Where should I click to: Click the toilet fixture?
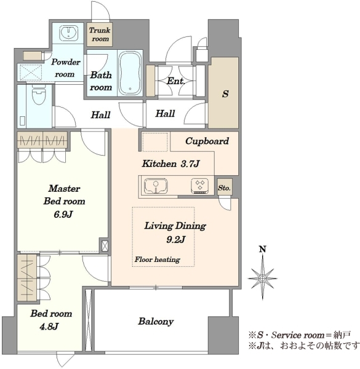tap(39, 95)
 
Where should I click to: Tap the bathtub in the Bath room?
tap(130, 73)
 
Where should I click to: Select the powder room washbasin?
tap(68, 32)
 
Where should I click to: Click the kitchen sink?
tap(156, 186)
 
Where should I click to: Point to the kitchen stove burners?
tap(200, 186)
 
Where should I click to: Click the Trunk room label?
tap(100, 34)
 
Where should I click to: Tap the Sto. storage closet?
tap(225, 187)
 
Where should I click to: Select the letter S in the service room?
tap(225, 94)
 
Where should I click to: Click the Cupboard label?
tap(207, 141)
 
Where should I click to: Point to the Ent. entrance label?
tap(176, 81)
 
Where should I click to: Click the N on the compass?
tap(263, 249)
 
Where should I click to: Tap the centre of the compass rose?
tap(262, 279)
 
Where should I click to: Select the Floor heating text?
tap(158, 260)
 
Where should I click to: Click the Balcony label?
tap(156, 322)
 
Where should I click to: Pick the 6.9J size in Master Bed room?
tap(63, 215)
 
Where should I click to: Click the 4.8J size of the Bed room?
tap(49, 327)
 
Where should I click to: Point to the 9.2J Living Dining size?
tap(175, 240)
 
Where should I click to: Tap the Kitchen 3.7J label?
tap(170, 164)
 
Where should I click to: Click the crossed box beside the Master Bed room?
tap(105, 246)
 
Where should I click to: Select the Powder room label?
tap(65, 68)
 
